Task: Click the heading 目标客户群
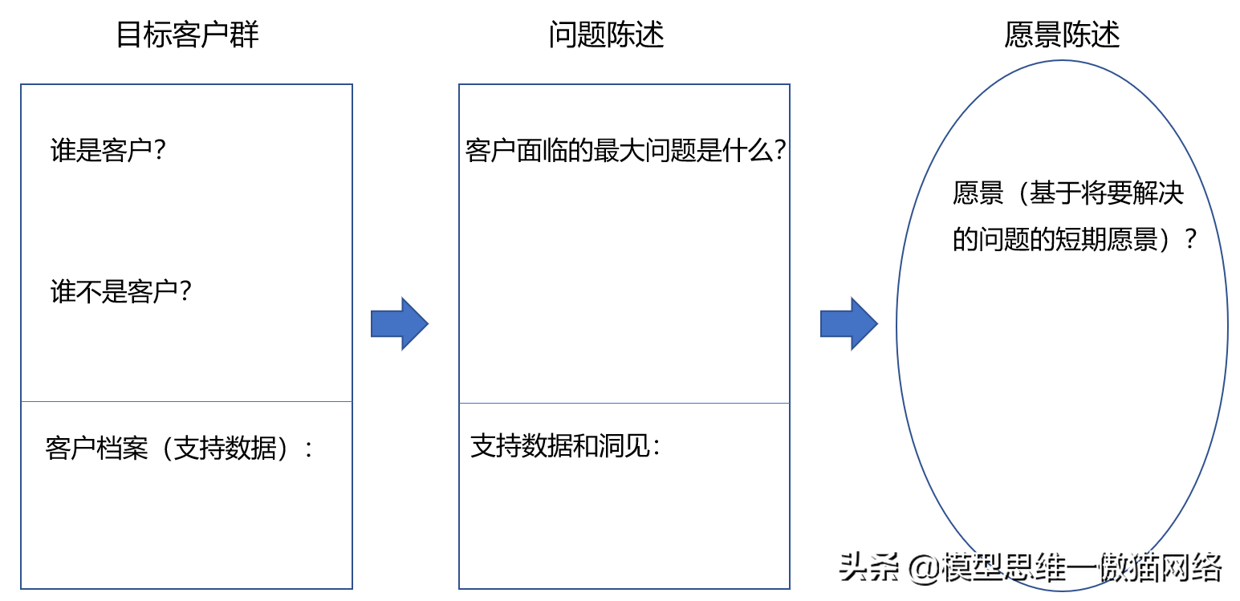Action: click(x=187, y=35)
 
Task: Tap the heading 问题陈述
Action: click(x=606, y=35)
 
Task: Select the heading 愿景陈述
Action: click(x=1062, y=35)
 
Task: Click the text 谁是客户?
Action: click(x=108, y=150)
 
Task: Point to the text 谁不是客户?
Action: click(x=120, y=291)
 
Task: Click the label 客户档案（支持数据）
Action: click(x=167, y=449)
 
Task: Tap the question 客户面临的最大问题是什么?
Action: click(x=625, y=150)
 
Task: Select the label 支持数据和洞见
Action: click(x=560, y=446)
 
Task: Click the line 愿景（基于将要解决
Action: click(x=1067, y=193)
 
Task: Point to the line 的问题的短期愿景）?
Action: click(x=1075, y=240)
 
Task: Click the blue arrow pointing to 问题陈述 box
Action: click(x=400, y=323)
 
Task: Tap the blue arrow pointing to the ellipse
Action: click(x=849, y=323)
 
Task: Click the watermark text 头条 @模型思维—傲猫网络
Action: click(x=1031, y=567)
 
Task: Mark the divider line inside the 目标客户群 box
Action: click(x=186, y=401)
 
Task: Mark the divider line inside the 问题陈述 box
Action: click(x=624, y=403)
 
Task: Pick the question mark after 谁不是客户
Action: click(x=185, y=291)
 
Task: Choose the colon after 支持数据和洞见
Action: click(x=657, y=447)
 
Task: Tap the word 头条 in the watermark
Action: click(x=868, y=567)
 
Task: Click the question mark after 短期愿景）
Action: click(x=1191, y=240)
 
